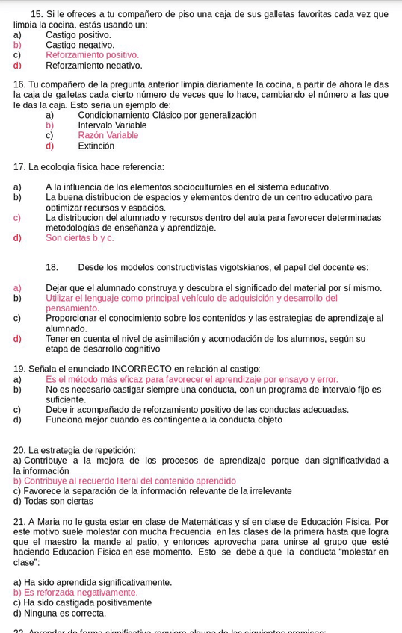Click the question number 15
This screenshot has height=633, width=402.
[x=37, y=14]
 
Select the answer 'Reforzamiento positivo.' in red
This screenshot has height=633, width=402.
[x=92, y=55]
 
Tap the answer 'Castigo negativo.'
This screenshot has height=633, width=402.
[x=80, y=45]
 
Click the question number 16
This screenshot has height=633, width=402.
[x=19, y=84]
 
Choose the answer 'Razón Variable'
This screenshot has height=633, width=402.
[x=108, y=136]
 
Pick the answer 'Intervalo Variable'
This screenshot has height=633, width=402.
[x=112, y=125]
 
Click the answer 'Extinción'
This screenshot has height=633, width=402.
[x=96, y=146]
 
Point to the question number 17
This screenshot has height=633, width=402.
[x=19, y=167]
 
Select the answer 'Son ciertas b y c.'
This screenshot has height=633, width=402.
[x=80, y=238]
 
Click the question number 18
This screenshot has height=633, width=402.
[x=52, y=267]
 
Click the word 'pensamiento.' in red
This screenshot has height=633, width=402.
[x=72, y=308]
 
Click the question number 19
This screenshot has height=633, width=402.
[x=19, y=369]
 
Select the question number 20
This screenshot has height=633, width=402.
[x=19, y=451]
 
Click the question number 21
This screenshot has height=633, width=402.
[x=19, y=522]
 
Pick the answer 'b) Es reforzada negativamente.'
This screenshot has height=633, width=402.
[x=75, y=593]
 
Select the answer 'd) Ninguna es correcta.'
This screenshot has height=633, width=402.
[x=60, y=614]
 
